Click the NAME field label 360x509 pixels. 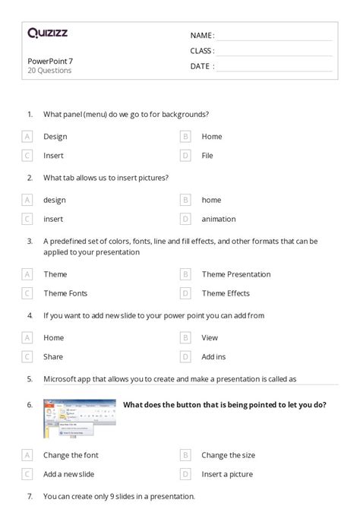coord(201,35)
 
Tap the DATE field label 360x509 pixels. coord(200,66)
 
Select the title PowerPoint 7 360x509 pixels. coord(50,61)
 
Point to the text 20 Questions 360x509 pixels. coord(49,71)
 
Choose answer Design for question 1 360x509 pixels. coord(55,137)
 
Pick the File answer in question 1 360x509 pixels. coord(207,156)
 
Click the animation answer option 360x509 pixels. coord(219,219)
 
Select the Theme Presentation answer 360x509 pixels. coord(235,274)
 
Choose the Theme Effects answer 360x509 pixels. coord(226,293)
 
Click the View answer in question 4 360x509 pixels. coord(210,337)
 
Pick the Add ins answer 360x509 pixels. coord(214,356)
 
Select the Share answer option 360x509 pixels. coord(53,356)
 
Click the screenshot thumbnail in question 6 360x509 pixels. coord(79,418)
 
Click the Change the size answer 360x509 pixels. coord(228,455)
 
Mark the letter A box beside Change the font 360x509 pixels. coord(27,455)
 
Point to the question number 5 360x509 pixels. coord(30,378)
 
